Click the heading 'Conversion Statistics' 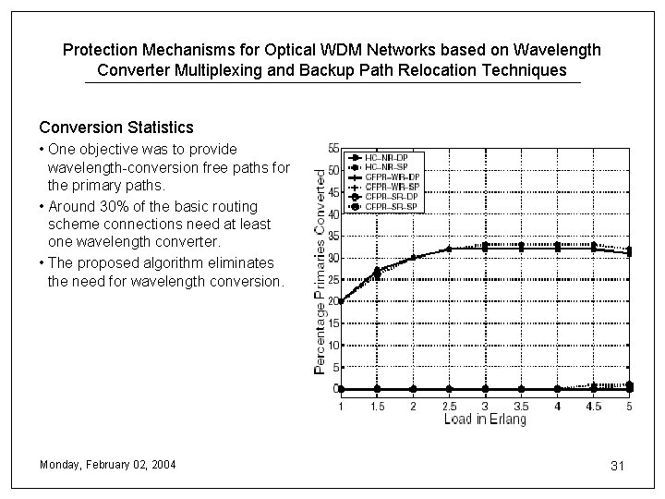click(116, 126)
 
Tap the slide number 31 click(618, 466)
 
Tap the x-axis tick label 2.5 click(449, 406)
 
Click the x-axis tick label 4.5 click(593, 406)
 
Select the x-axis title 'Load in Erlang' click(484, 420)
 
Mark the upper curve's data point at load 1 click(341, 301)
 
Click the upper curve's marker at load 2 click(413, 258)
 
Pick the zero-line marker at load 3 click(485, 389)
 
